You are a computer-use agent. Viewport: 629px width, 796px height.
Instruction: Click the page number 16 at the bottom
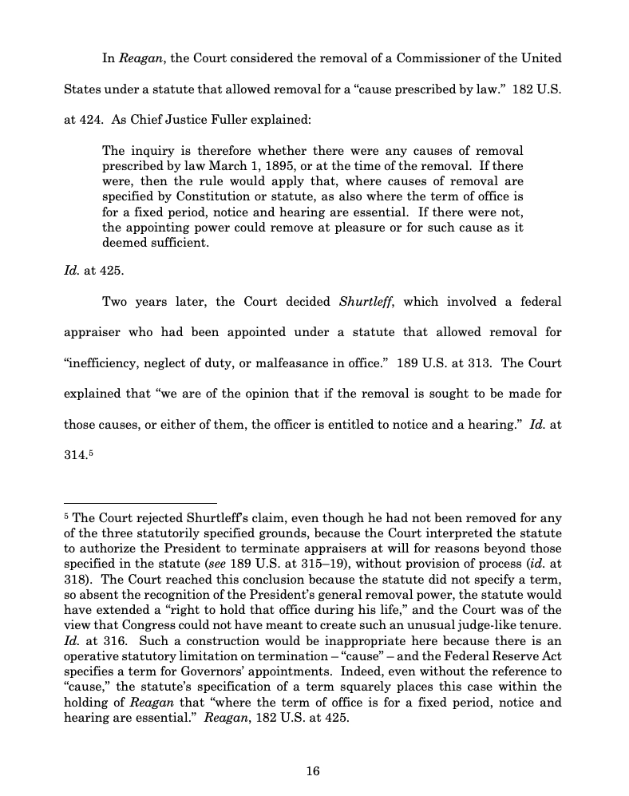(x=313, y=770)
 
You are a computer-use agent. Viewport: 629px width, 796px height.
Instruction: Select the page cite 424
(x=85, y=120)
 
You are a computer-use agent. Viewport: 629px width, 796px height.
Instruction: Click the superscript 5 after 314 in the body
(x=91, y=453)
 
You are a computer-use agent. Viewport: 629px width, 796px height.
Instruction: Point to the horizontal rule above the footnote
(x=140, y=504)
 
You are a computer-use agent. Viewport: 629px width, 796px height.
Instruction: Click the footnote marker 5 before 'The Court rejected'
(x=66, y=516)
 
